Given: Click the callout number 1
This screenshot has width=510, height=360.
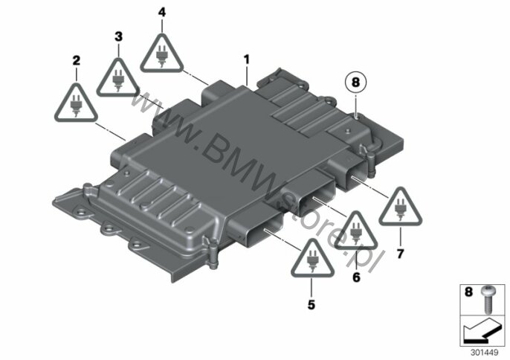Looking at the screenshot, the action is click(247, 60).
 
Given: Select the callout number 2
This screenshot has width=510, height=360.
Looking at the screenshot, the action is click(76, 60).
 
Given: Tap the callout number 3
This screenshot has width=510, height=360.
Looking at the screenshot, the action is click(119, 36).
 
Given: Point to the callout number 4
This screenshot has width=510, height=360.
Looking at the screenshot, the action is click(162, 13).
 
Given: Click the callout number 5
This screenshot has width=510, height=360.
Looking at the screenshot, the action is click(312, 305).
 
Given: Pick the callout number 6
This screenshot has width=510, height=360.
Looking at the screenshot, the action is click(357, 277).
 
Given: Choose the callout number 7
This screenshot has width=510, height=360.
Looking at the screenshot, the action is click(400, 253).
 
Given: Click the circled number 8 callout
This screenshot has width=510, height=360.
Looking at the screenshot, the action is click(355, 82).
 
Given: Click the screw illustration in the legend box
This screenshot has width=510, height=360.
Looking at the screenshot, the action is click(487, 300).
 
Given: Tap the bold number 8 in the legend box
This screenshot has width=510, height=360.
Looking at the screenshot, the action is click(468, 292).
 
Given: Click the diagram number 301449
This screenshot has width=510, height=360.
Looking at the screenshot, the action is click(484, 353).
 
